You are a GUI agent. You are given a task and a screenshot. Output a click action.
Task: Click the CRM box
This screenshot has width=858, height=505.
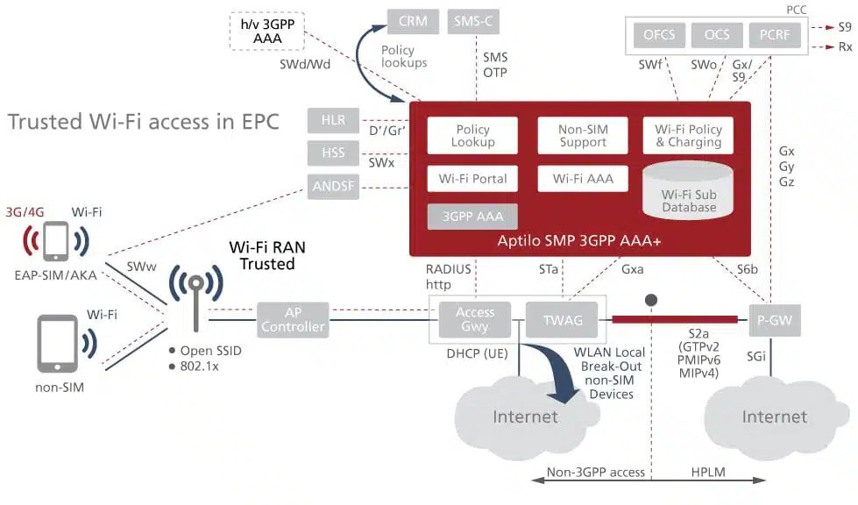413,22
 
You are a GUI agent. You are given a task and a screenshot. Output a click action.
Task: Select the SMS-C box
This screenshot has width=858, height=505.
474,22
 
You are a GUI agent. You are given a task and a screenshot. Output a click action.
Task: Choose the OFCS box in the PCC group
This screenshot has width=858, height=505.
658,36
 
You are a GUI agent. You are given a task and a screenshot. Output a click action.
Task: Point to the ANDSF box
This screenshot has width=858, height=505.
333,186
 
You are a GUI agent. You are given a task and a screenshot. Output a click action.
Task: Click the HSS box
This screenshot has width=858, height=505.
333,153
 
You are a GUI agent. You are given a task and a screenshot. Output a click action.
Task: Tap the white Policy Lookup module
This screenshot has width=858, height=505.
472,136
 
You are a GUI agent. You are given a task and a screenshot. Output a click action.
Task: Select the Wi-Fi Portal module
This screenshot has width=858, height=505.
472,179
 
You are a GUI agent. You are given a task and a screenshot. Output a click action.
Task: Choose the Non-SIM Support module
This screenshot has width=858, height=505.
582,136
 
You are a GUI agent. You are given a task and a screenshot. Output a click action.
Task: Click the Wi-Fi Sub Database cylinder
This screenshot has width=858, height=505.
688,193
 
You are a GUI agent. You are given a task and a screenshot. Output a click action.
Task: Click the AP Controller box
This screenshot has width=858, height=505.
293,319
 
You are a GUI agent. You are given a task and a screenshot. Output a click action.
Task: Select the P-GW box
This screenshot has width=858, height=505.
772,320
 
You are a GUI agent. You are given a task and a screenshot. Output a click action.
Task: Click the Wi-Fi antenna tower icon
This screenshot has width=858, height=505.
193,298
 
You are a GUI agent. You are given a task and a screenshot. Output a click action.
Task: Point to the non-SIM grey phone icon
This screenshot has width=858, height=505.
54,345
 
